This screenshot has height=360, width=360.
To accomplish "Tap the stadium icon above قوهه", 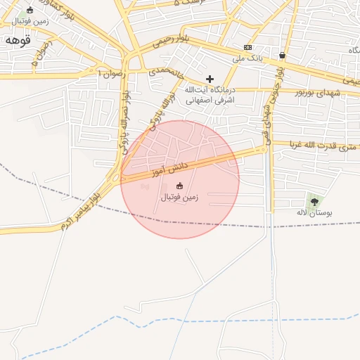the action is [x=30, y=10].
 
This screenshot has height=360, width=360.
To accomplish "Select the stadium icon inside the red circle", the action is [x=179, y=186].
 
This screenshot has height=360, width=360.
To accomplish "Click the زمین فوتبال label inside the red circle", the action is [x=180, y=198].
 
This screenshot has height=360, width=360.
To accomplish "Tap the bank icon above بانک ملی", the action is [x=248, y=46].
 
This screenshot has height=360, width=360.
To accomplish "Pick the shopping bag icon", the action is [x=282, y=55].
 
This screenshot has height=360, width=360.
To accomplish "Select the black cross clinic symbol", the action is [x=209, y=79].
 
